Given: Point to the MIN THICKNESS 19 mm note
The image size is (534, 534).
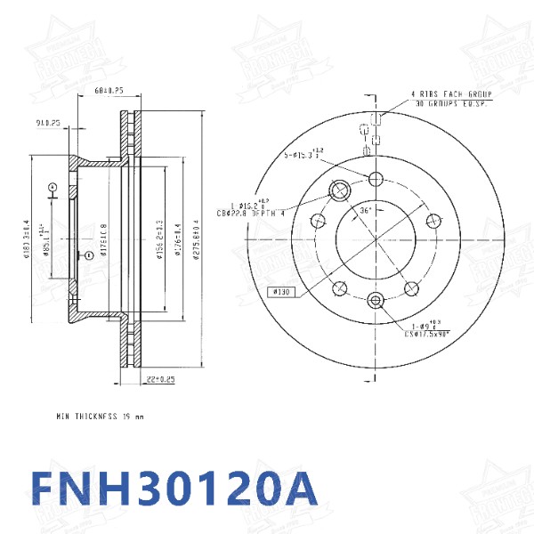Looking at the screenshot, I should tap(99, 416).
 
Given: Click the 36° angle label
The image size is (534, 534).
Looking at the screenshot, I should tap(365, 211).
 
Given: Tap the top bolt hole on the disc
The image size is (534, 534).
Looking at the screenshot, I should tap(375, 177).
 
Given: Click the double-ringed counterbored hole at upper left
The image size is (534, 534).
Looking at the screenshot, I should tap(339, 190).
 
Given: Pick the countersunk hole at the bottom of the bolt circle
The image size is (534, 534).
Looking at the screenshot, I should tap(375, 299).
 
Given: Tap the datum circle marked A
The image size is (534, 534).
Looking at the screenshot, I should tap(53, 187).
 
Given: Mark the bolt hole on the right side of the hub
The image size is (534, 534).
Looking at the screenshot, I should tap(433, 220).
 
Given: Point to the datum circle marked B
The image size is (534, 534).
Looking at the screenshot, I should tap(89, 255).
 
